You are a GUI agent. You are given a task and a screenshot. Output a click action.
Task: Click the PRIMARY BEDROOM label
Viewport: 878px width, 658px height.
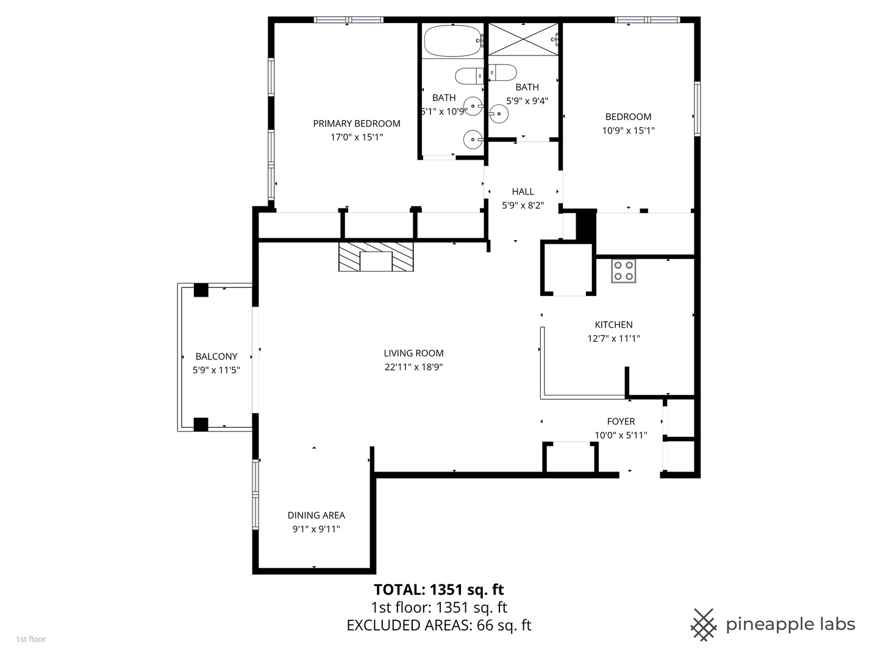point(357,124)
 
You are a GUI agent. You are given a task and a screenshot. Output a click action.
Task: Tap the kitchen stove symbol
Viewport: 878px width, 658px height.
point(623,271)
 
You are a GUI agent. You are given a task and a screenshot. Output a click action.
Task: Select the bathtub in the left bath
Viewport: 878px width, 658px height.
point(452,41)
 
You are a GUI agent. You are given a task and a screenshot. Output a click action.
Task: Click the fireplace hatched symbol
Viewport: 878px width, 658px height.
point(376,256)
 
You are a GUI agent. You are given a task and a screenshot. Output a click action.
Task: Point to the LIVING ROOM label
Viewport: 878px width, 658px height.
point(413,353)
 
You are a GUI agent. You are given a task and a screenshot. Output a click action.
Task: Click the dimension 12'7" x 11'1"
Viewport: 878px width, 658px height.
point(613,339)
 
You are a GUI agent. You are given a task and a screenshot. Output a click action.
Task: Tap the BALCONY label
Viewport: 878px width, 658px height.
point(216,356)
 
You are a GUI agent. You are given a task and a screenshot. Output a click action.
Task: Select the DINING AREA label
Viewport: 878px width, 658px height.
point(316,515)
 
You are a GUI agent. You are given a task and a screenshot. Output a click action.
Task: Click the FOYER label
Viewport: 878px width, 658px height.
point(621,422)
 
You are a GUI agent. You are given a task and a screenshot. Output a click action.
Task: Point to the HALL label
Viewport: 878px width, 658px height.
point(523,192)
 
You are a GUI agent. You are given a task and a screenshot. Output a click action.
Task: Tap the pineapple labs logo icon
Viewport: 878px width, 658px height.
point(703,624)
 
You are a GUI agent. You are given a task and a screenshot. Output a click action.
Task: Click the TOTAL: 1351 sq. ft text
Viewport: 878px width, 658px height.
point(438,590)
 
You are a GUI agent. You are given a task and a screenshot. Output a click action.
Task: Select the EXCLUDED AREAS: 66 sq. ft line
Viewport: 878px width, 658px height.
point(438,626)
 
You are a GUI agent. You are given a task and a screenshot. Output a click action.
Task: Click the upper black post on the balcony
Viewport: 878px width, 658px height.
point(201,290)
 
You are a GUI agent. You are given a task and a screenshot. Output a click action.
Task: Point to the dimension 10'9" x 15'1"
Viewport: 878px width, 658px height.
point(628,130)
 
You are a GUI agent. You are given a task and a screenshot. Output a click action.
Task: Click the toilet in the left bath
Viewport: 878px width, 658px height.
point(468,76)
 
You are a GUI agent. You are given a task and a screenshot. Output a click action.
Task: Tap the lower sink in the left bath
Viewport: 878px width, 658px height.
point(473,140)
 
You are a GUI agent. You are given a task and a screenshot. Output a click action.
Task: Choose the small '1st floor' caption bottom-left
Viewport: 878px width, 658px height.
point(30,639)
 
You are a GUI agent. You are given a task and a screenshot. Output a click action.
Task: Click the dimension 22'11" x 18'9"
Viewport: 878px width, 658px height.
point(413,367)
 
